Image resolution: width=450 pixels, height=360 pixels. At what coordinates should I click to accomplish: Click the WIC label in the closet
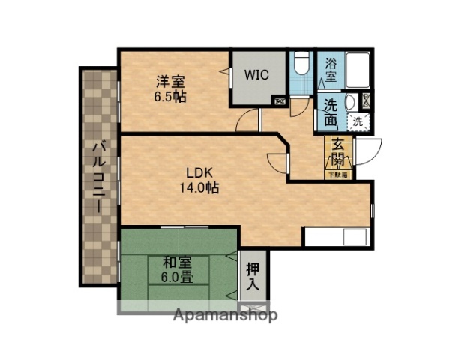click(257, 75)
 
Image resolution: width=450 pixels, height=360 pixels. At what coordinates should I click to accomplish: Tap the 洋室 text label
click(170, 81)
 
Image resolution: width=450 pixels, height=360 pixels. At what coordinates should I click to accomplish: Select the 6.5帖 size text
click(170, 96)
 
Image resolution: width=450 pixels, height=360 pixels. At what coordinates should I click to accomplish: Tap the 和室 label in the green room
click(177, 262)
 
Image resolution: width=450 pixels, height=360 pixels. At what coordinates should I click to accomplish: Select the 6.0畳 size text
click(177, 277)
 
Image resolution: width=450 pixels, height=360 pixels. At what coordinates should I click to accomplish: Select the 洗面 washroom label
click(331, 112)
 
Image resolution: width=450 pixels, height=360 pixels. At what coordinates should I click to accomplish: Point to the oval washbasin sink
click(351, 103)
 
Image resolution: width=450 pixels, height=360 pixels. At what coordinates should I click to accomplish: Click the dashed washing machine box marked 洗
click(358, 120)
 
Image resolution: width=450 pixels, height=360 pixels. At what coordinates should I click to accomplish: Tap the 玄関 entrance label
click(338, 153)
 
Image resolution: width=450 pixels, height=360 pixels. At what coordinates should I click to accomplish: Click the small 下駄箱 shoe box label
click(338, 175)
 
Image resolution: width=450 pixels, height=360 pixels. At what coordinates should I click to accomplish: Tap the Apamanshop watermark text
click(225, 315)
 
